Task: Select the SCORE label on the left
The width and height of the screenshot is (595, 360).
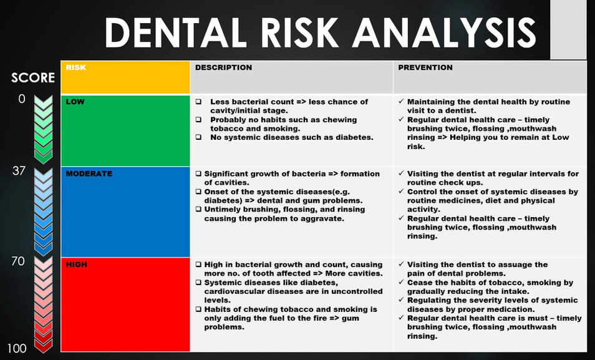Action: (33, 78)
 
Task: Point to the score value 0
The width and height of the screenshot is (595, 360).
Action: (22, 99)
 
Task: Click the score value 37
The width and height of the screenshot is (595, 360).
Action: (19, 170)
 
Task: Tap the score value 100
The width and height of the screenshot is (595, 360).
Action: (17, 348)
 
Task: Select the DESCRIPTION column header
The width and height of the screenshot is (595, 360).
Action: (223, 67)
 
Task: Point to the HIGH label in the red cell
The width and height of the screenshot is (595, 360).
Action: (76, 265)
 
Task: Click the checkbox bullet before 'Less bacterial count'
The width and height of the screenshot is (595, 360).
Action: (198, 102)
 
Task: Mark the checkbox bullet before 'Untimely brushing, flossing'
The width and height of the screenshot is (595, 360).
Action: (198, 210)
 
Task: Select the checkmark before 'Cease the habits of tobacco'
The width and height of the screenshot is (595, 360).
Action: (400, 283)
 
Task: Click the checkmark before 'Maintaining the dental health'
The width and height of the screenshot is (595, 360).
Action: (400, 102)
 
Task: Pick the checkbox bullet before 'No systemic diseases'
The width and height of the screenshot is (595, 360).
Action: (198, 137)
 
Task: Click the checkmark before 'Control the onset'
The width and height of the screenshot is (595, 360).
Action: (400, 192)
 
